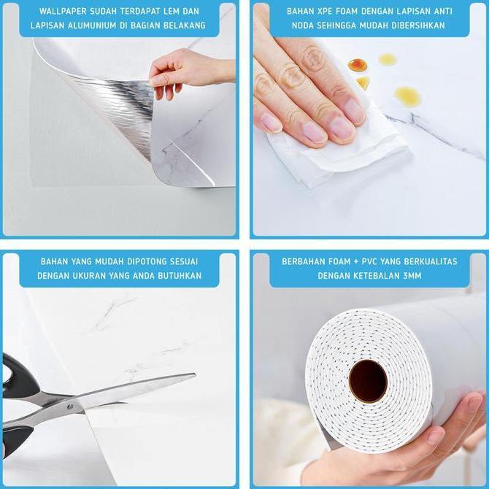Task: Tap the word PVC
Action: point(369,261)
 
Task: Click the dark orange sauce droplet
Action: point(358,64)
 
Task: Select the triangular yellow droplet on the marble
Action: point(363,82)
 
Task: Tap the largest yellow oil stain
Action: point(407,96)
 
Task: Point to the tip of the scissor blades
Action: point(195,374)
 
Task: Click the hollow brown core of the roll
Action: point(368,381)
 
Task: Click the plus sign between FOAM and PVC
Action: point(356,262)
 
